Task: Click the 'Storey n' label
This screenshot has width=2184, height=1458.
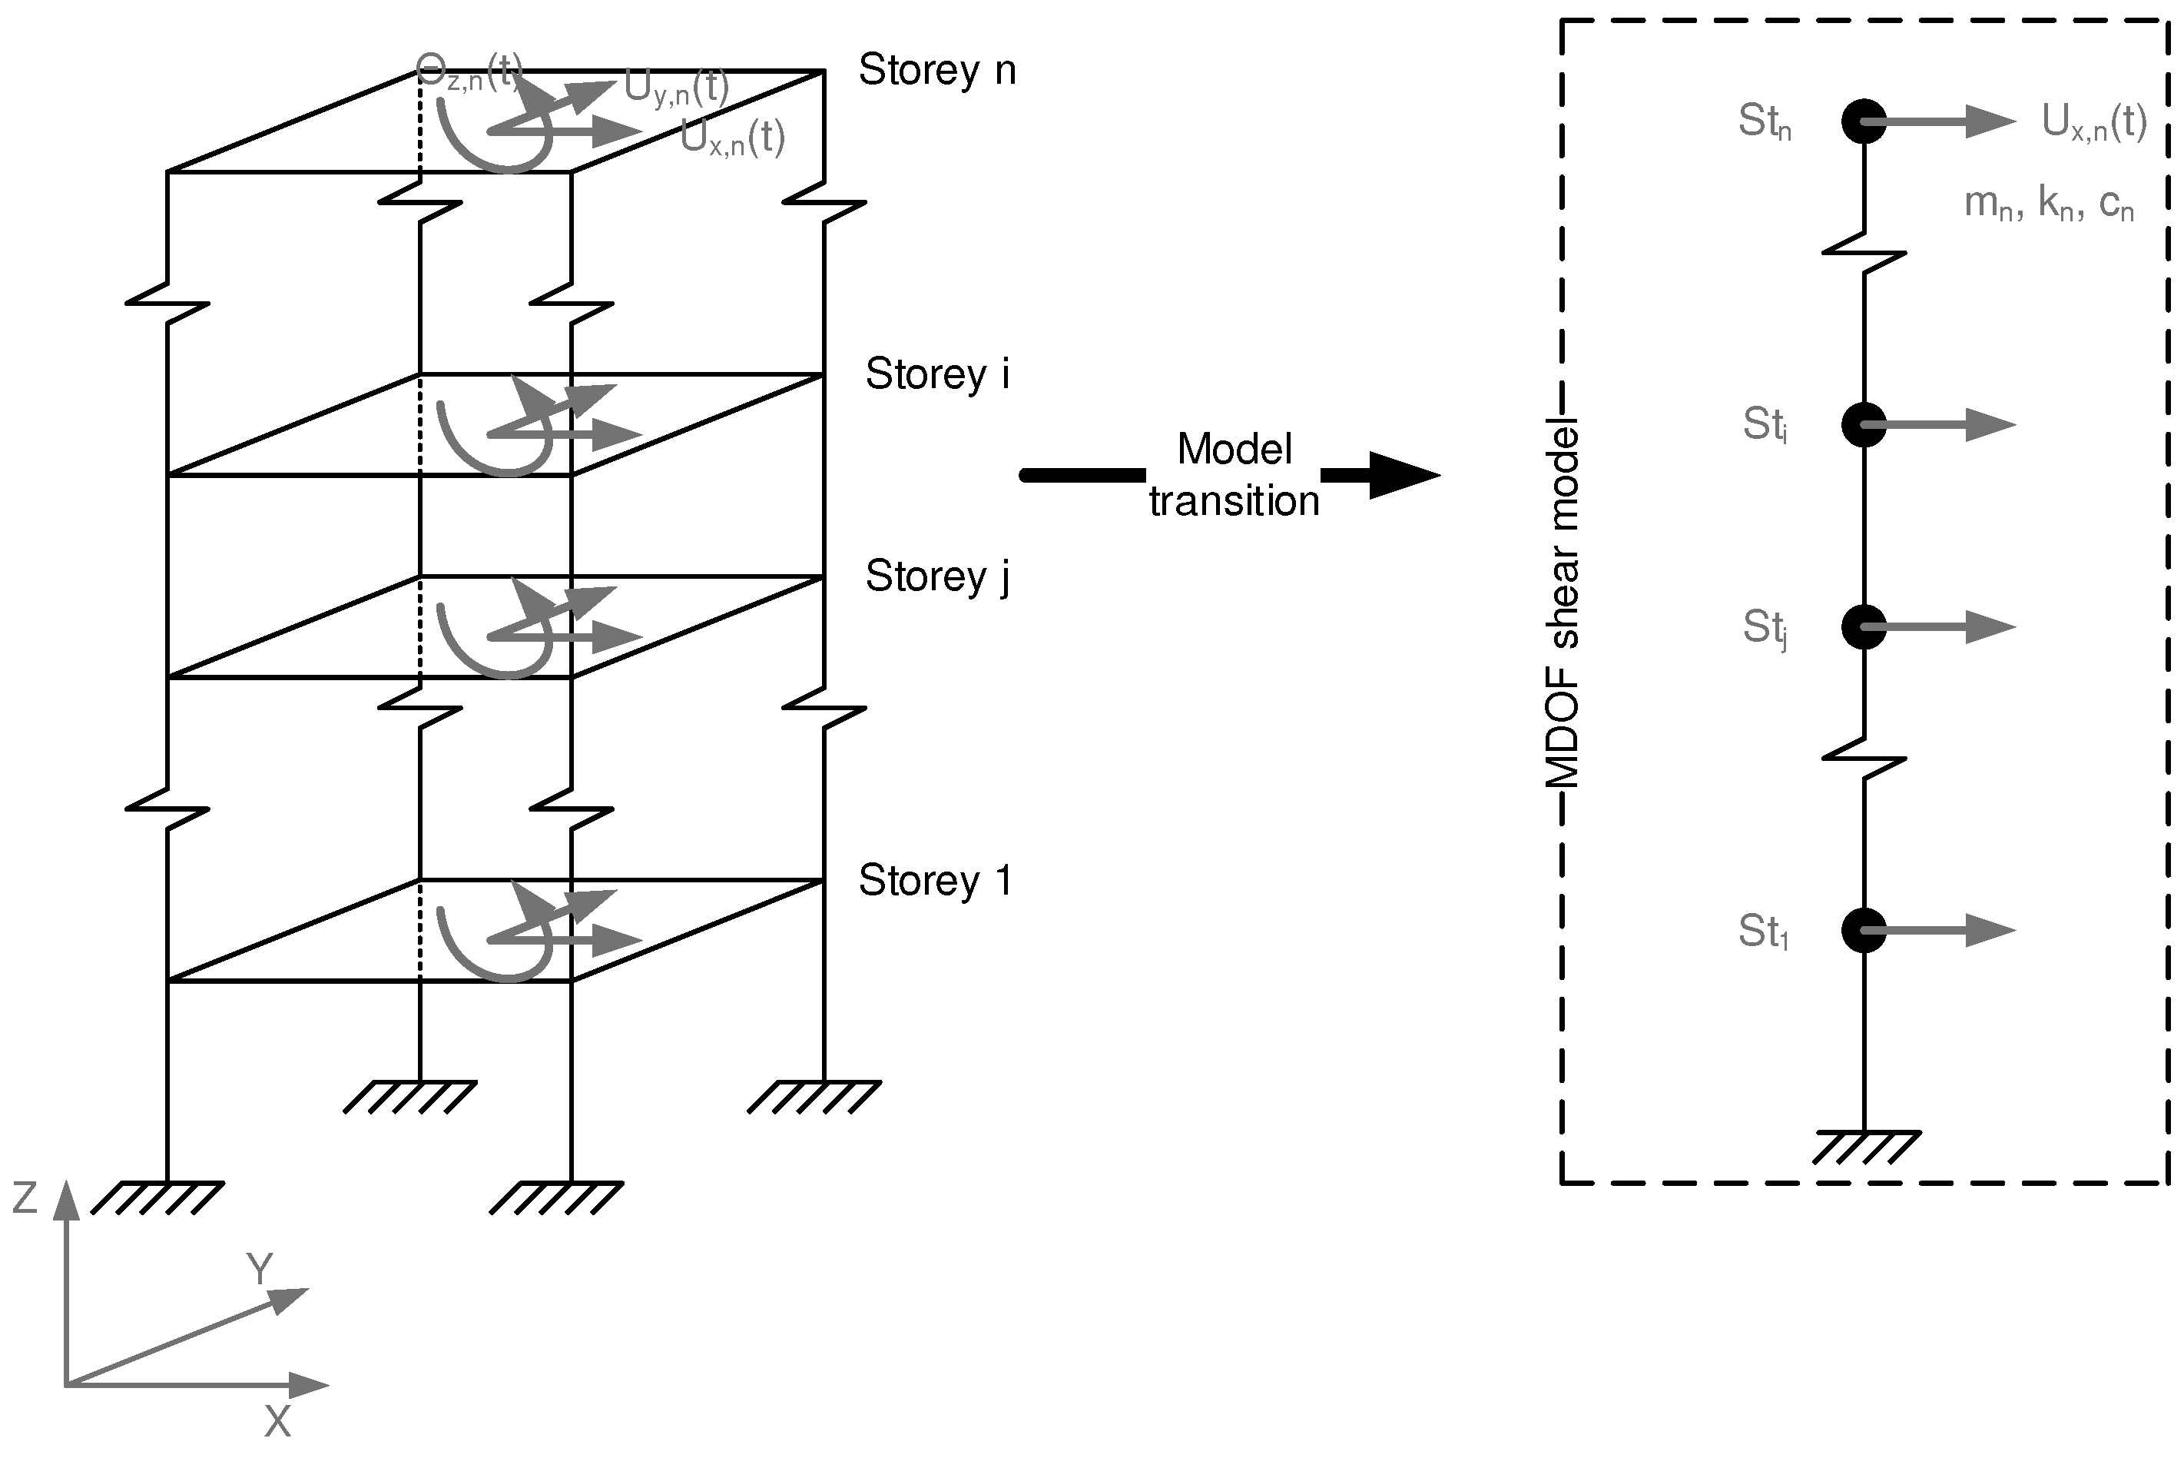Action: click(936, 71)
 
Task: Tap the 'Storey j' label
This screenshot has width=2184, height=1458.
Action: click(936, 576)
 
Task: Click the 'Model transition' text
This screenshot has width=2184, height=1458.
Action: click(1235, 475)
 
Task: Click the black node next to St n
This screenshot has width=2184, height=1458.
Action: click(1864, 121)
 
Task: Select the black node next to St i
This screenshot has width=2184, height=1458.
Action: click(1864, 425)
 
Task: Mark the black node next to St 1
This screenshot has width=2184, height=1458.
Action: click(1864, 930)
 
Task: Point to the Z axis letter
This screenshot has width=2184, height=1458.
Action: click(25, 1198)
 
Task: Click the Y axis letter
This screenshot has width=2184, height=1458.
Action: click(260, 1268)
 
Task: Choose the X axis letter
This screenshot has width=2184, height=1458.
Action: click(277, 1422)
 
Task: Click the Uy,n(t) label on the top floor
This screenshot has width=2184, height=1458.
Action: click(676, 88)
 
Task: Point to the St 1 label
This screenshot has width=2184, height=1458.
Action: click(1763, 931)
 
